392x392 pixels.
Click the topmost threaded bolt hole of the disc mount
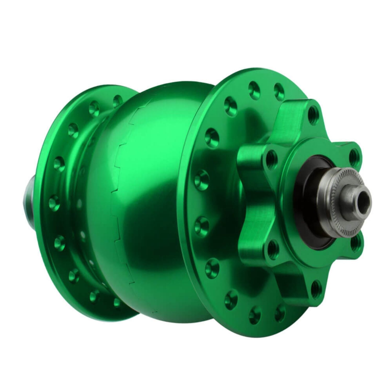(313, 113)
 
